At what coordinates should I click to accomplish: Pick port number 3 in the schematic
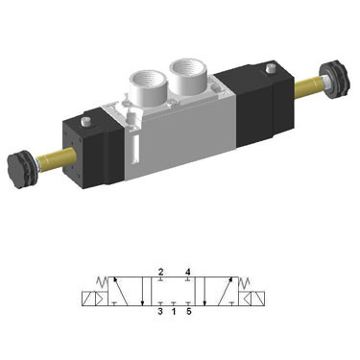[159, 310]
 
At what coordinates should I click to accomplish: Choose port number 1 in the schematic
[174, 310]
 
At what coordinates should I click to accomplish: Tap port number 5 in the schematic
[188, 310]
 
